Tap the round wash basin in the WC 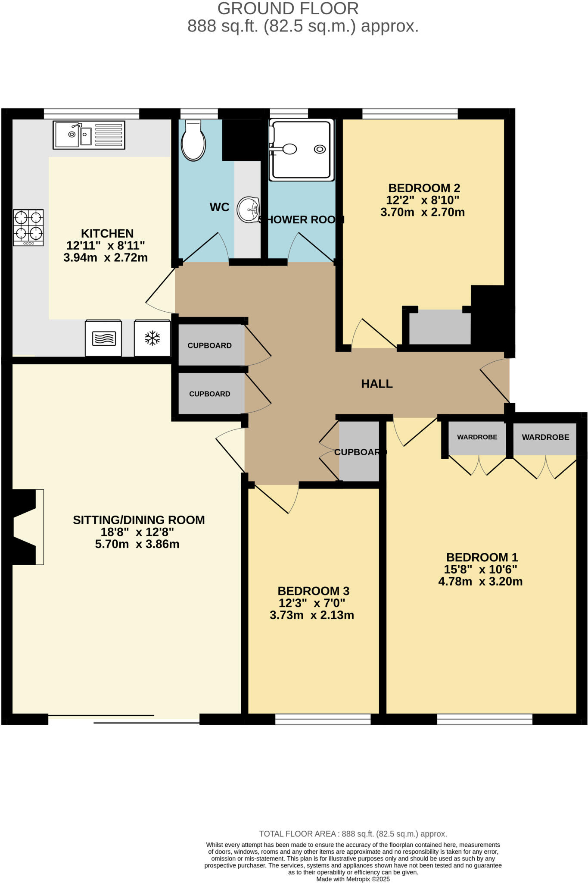coord(249,210)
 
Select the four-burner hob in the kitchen coord(28,227)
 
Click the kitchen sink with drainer coord(89,135)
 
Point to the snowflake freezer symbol coord(152,338)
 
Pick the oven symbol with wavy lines coord(103,338)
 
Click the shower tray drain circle coord(320,149)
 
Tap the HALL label coord(376,384)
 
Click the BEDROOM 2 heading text coord(424,188)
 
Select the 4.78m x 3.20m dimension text coord(480,581)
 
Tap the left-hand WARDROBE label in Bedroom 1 coord(477,437)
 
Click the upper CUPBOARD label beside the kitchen coord(209,345)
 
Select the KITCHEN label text coord(107,233)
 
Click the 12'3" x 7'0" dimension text coord(312,603)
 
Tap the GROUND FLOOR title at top coord(288,9)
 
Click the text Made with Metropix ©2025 coord(353,879)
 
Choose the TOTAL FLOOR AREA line coord(353,834)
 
